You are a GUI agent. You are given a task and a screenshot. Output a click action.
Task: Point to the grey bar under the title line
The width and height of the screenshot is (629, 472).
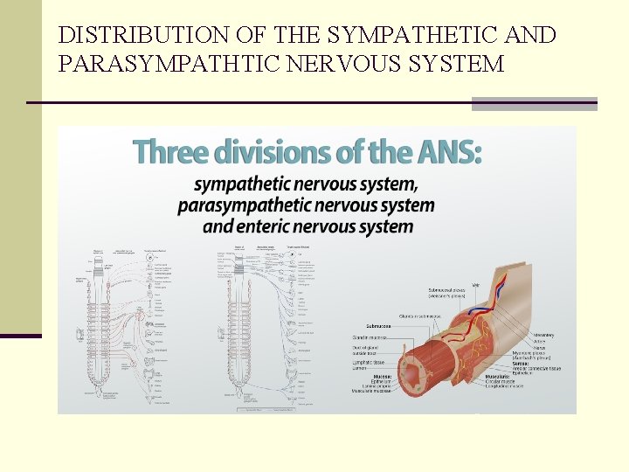[x=534, y=105]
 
